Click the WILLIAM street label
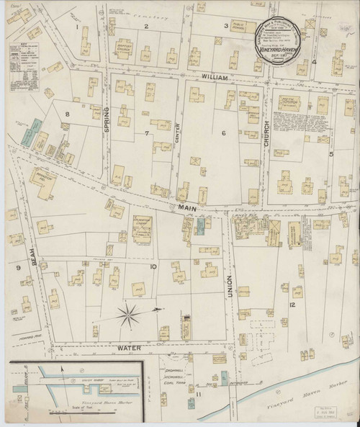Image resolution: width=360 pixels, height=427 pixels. click(214, 76)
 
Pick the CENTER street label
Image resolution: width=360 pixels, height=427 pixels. click(175, 134)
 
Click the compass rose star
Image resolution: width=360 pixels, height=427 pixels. click(128, 313)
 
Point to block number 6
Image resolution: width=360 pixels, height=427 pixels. click(223, 132)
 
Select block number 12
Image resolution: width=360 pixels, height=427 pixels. click(292, 305)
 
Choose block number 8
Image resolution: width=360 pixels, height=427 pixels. click(68, 114)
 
